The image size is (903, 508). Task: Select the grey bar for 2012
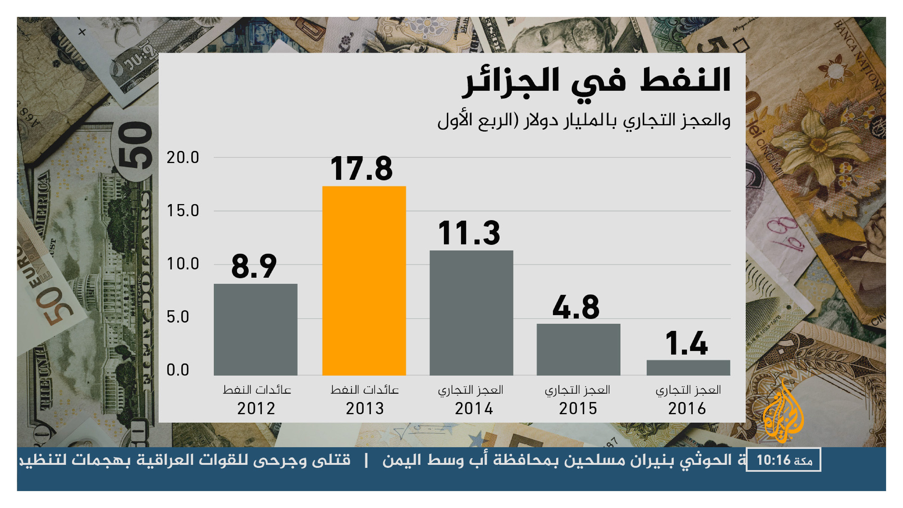click(256, 329)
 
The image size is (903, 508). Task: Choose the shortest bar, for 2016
click(688, 367)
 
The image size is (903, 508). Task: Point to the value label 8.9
click(254, 266)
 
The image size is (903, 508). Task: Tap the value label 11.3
click(469, 233)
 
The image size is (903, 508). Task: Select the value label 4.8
click(576, 307)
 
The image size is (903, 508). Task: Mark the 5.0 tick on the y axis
click(178, 317)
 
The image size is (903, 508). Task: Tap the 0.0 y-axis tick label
click(178, 370)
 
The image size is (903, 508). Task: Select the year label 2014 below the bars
click(474, 409)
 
